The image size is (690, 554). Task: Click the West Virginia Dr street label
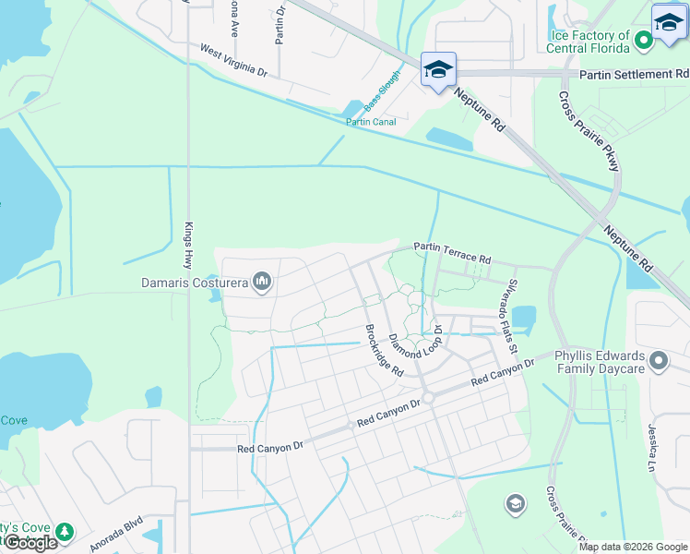[233, 60]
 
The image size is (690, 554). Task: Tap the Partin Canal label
[371, 122]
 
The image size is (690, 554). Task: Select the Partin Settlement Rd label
[635, 74]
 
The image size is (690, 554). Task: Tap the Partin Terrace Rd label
[452, 247]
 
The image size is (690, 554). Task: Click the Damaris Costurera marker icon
[262, 281]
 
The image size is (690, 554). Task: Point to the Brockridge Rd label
[384, 349]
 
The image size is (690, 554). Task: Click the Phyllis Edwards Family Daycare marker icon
[658, 360]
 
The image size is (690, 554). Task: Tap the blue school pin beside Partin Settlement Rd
[437, 70]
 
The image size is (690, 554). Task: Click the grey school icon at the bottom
[515, 503]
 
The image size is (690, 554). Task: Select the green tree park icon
[64, 532]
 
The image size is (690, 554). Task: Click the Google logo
[30, 543]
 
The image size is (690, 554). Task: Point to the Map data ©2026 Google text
[633, 547]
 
